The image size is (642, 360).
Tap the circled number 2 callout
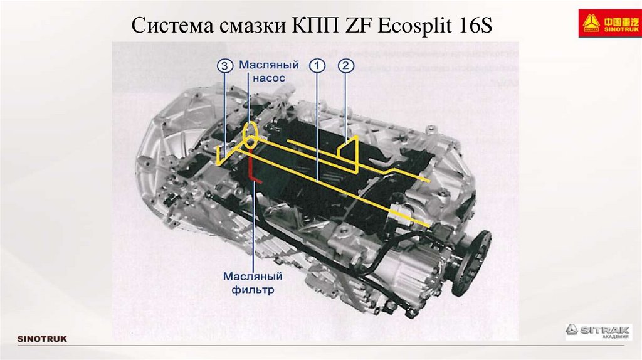coord(346,65)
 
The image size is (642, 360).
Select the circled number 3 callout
coord(225,65)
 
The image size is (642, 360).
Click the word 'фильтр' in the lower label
coord(253,290)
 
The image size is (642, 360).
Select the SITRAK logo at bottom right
coord(595,331)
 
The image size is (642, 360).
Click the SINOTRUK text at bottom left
coord(42,339)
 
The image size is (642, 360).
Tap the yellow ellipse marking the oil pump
coord(250,133)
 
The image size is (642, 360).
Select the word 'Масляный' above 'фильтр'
coord(253,277)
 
